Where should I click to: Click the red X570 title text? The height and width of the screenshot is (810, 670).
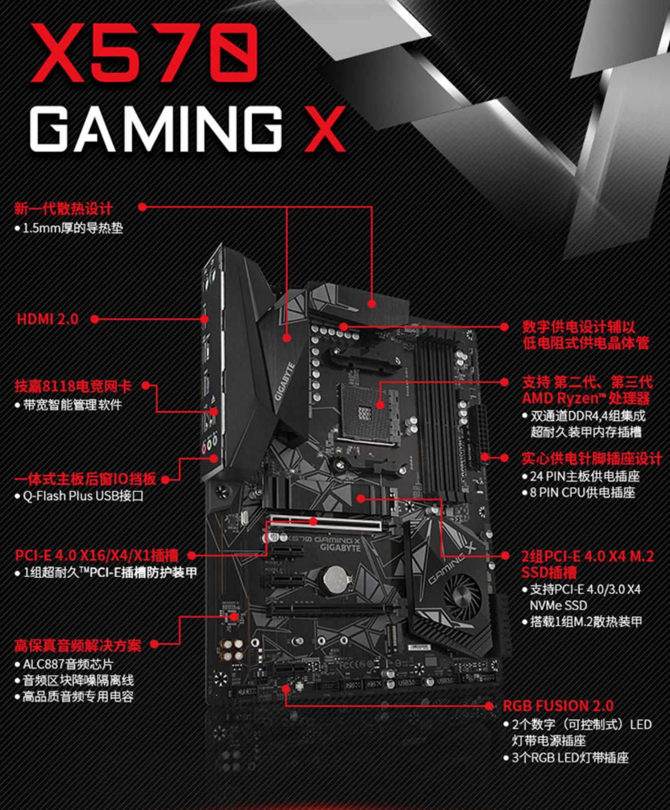[145, 53]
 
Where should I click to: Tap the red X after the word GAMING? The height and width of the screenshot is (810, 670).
[324, 129]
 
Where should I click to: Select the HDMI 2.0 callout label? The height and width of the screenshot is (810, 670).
[48, 319]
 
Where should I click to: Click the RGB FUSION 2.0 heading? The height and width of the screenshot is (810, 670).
[558, 706]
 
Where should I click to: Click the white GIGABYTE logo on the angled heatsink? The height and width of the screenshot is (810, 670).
[285, 382]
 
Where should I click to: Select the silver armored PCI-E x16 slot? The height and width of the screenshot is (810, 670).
[326, 524]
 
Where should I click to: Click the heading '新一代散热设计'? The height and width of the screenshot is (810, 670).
[64, 208]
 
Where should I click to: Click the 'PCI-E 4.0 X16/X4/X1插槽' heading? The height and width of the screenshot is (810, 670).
[96, 555]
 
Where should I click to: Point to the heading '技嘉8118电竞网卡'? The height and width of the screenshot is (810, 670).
[73, 386]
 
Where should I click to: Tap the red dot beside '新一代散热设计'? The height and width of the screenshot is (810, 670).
[142, 207]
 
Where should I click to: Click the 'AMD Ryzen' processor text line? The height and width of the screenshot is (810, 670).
[586, 398]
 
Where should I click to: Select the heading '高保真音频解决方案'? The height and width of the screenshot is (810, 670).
[78, 645]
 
